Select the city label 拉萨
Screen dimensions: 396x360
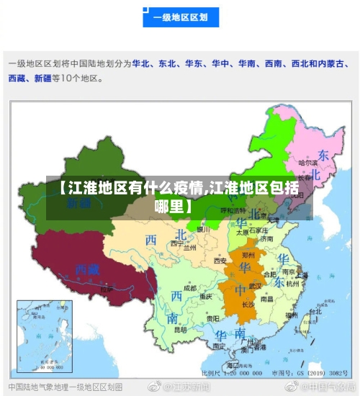tap(108, 289)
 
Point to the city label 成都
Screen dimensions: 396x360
tap(189, 287)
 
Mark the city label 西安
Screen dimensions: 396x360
tap(220, 260)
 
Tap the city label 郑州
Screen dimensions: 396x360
tap(248, 255)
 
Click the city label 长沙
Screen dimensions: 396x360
tap(248, 304)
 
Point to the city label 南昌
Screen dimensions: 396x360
tap(267, 298)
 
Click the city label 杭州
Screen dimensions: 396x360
tap(292, 284)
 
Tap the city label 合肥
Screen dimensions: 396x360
tap(271, 274)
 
